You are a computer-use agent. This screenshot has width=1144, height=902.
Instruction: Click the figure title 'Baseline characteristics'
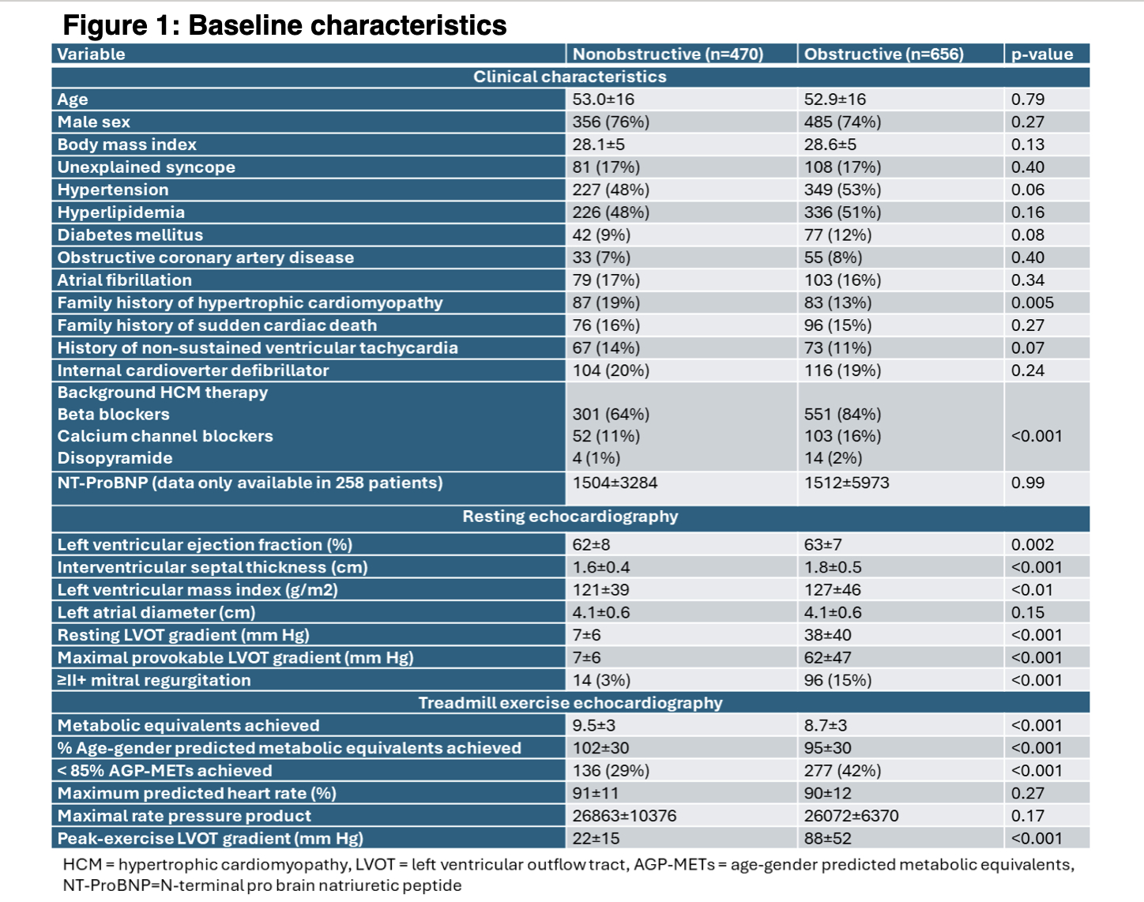[348, 25]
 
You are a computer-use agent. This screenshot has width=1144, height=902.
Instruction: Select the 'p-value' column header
[1042, 54]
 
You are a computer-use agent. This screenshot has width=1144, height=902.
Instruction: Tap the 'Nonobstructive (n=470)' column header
[668, 54]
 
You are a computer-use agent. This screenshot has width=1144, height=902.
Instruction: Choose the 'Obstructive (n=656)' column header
[883, 54]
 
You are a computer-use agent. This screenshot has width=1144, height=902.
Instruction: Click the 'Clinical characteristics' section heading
[570, 77]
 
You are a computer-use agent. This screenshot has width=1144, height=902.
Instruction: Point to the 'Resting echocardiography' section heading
[570, 517]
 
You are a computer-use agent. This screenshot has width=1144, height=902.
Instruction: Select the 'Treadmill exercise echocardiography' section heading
[570, 703]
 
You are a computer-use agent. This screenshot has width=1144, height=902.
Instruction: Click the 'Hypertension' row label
[113, 190]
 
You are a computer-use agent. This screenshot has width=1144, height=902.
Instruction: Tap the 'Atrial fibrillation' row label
[125, 280]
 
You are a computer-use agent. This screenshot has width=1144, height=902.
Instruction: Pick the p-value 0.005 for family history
[1032, 303]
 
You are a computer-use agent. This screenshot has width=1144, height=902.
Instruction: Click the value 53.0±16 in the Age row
[604, 100]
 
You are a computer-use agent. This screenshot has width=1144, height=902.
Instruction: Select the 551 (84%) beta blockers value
[842, 415]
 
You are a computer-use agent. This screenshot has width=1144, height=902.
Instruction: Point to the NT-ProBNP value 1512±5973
[846, 483]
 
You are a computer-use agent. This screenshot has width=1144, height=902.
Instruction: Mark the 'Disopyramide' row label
[115, 458]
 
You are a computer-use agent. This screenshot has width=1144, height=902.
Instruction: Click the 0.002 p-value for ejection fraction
[1032, 545]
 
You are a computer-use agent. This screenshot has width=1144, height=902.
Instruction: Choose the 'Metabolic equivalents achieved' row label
[189, 726]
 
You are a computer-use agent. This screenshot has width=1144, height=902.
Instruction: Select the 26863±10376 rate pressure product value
[624, 816]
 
